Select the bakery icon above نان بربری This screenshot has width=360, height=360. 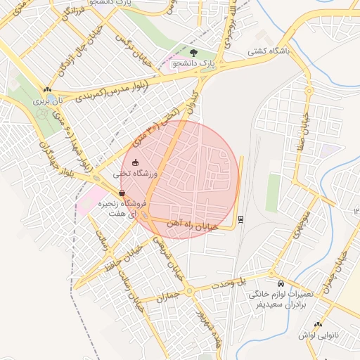47,89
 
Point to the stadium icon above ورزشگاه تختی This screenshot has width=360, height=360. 136,162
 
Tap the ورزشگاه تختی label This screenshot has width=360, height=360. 138,173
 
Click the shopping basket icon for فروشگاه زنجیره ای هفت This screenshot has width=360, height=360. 122,193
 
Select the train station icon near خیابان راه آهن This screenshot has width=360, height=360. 241,219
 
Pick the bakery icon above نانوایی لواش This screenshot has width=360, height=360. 319,324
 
